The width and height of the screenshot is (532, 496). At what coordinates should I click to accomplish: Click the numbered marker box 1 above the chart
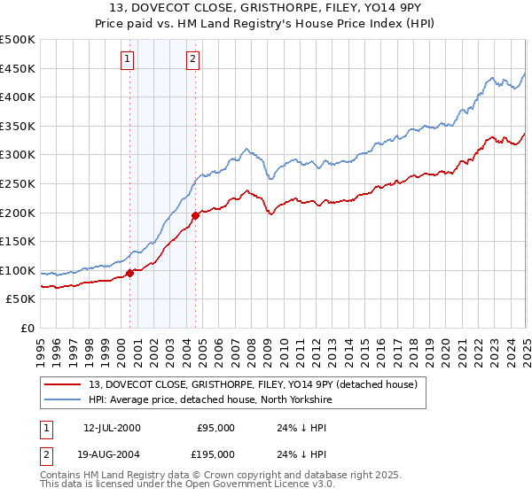click(x=128, y=59)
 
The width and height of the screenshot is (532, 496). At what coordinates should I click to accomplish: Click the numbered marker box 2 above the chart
click(x=192, y=59)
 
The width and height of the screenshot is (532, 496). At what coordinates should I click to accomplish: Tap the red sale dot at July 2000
click(x=130, y=273)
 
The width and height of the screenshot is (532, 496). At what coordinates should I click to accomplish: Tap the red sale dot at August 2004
click(x=196, y=214)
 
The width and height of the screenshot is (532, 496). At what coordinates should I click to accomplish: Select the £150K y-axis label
click(x=18, y=242)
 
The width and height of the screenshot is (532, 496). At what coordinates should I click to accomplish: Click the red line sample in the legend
click(x=62, y=384)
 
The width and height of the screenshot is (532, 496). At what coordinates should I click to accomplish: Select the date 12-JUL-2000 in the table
click(x=112, y=428)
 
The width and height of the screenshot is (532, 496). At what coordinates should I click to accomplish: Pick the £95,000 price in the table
click(x=215, y=428)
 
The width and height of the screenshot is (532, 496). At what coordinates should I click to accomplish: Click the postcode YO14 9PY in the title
click(x=364, y=11)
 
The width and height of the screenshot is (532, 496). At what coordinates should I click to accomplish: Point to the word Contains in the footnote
click(x=62, y=476)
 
